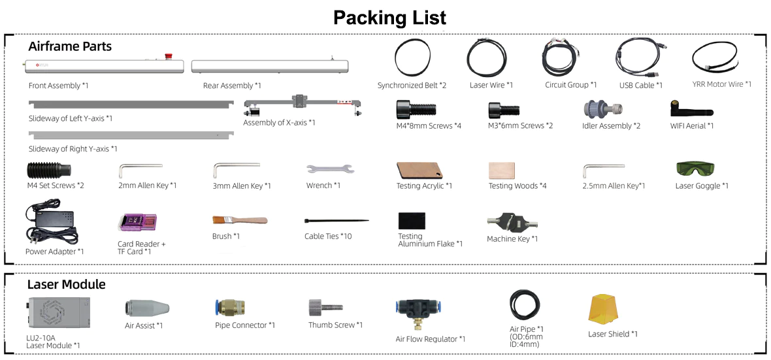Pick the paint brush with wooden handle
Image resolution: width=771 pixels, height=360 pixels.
pyautogui.click(x=240, y=220)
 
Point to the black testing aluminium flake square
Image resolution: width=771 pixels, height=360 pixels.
pyautogui.click(x=412, y=220)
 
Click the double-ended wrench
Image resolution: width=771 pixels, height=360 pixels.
pyautogui.click(x=330, y=169)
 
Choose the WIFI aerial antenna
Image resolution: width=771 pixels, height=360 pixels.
pyautogui.click(x=685, y=108)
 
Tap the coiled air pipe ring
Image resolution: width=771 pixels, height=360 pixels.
pyautogui.click(x=525, y=304)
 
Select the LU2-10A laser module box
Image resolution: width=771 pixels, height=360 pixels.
pyautogui.click(x=57, y=313)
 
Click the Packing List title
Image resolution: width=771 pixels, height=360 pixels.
pyautogui.click(x=390, y=18)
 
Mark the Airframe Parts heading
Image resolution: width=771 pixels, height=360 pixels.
pyautogui.click(x=70, y=46)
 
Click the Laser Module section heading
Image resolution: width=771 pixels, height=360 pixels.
pyautogui.click(x=67, y=284)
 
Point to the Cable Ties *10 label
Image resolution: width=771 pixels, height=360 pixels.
pyautogui.click(x=328, y=237)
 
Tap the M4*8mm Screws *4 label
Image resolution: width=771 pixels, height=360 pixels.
pyautogui.click(x=429, y=126)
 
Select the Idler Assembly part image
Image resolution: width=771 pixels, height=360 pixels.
pyautogui.click(x=603, y=108)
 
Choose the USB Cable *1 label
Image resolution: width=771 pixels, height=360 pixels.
pyautogui.click(x=641, y=86)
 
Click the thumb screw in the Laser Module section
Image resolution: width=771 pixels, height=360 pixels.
pyautogui.click(x=325, y=308)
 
